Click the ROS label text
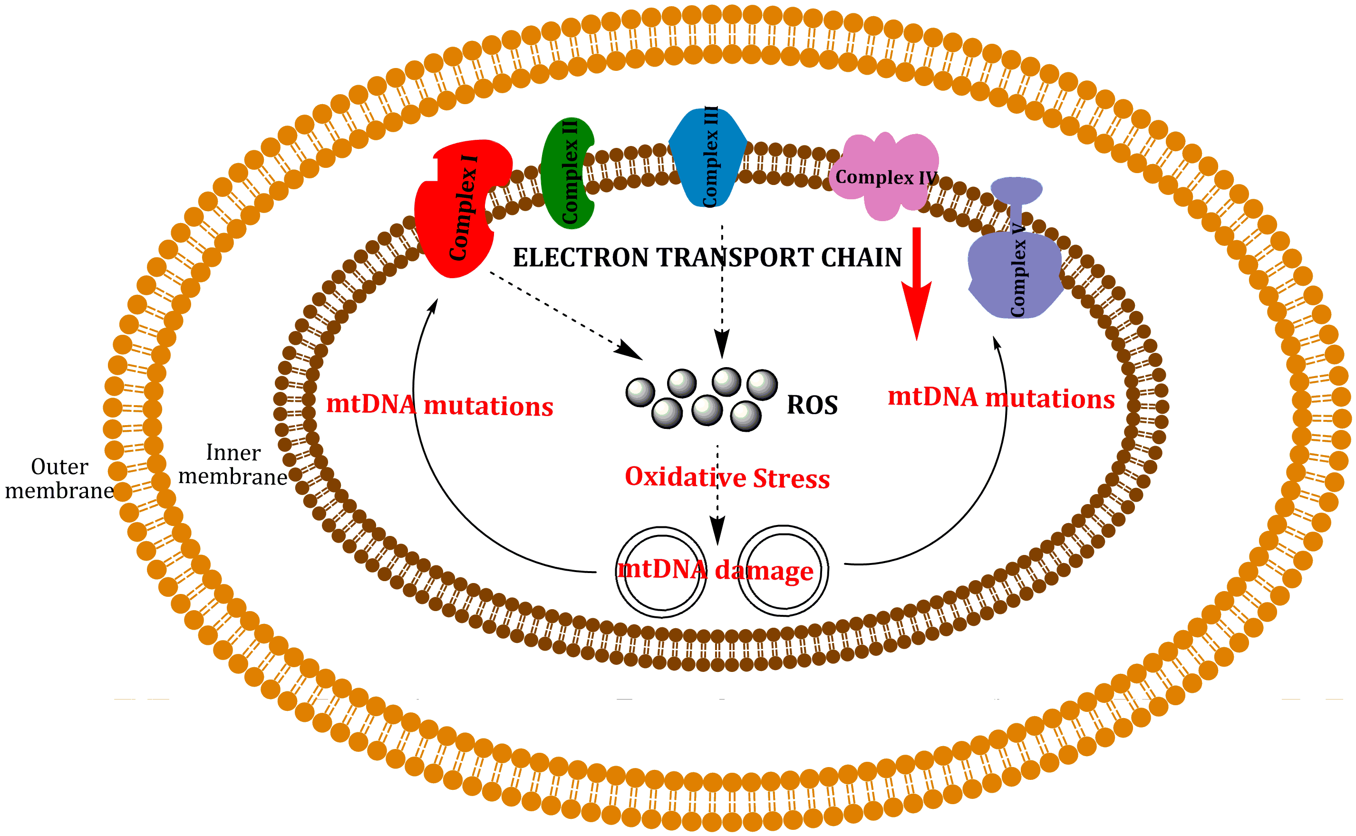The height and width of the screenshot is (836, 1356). point(812,405)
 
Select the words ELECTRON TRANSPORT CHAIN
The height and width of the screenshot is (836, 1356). point(707,258)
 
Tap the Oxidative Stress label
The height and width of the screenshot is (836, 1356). point(727,477)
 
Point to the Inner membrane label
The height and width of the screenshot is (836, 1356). point(232,465)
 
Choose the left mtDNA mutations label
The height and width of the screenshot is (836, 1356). point(439,405)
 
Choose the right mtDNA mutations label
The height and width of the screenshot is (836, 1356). point(1000,398)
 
